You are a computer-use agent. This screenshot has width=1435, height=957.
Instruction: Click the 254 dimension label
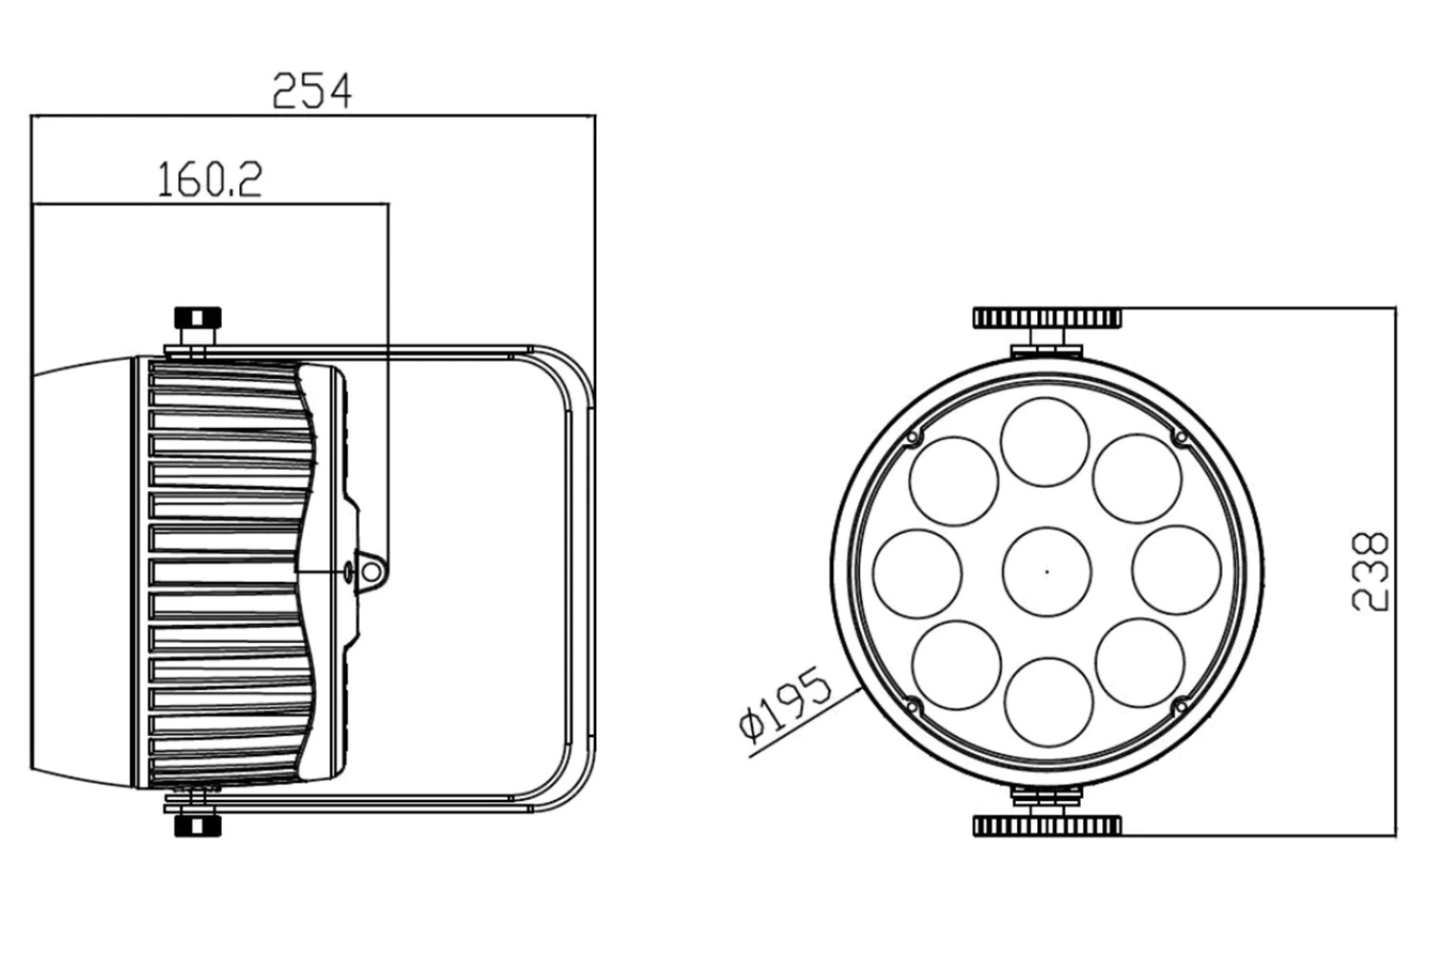point(312,91)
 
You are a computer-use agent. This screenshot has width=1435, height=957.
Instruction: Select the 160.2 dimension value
point(210,180)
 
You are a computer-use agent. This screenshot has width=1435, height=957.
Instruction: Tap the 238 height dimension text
point(1370,571)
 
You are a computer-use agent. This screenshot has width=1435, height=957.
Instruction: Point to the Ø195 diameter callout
point(784,703)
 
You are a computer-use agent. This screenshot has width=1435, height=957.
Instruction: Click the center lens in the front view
point(1047,571)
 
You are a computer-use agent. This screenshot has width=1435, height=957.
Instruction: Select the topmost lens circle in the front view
point(1045,442)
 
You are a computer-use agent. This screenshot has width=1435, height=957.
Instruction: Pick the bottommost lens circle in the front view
point(1049,701)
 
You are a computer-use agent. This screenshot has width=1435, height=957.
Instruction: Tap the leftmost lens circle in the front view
point(917,573)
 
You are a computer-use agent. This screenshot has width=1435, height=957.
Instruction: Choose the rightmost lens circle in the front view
point(1177,570)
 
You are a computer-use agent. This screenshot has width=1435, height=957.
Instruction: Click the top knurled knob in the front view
point(1048,318)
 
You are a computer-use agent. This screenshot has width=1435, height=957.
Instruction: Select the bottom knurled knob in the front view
point(1048,826)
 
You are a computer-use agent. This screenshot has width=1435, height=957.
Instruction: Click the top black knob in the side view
point(198,318)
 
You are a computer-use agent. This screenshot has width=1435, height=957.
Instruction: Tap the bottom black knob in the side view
point(198,826)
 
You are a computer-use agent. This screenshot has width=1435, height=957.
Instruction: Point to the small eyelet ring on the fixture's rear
point(371,570)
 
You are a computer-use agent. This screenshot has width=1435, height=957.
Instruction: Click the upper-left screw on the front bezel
point(913,437)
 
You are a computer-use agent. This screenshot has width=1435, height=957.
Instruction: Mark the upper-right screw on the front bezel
point(1181,437)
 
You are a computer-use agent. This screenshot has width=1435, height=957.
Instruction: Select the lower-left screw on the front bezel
point(913,705)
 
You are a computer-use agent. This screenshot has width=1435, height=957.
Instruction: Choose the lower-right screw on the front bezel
point(1181,705)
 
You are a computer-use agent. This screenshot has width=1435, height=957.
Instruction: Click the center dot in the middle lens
point(1047,571)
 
